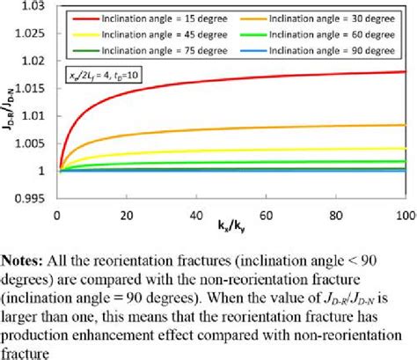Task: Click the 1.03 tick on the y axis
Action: coord(33,7)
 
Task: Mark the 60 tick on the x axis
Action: coord(265,215)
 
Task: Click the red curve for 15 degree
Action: coord(176,90)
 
